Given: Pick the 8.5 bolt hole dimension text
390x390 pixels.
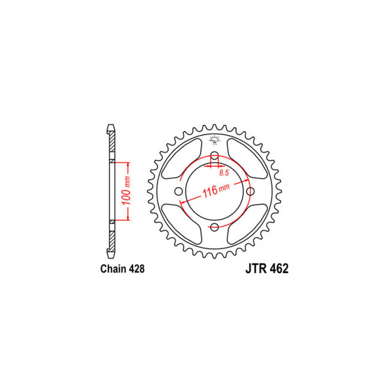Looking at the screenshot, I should [x=224, y=173].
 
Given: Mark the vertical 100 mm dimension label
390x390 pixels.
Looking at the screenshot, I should [x=125, y=191].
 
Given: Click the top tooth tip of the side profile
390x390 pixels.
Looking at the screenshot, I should [x=110, y=128].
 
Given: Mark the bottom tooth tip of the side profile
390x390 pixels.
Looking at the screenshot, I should [x=110, y=254].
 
